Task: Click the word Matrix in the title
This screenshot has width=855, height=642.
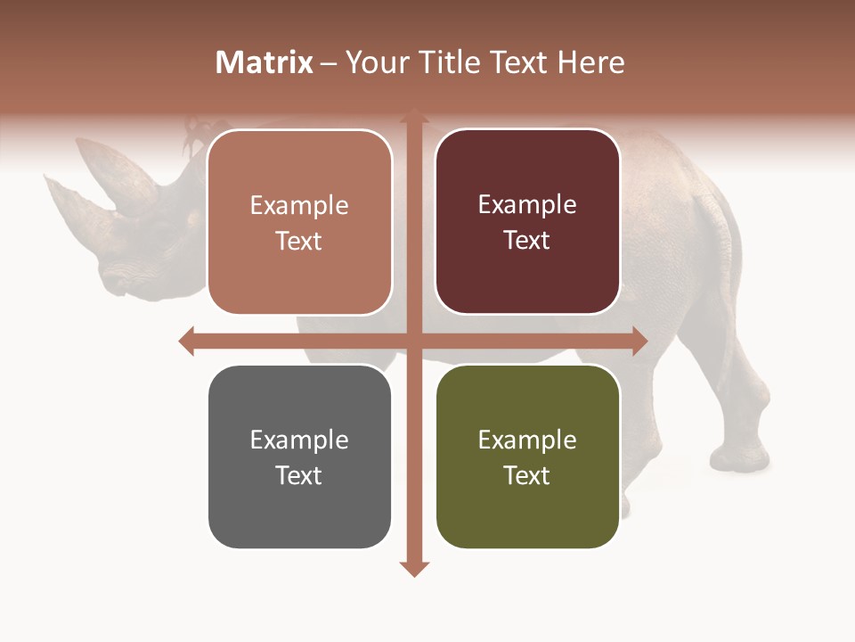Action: [x=265, y=62]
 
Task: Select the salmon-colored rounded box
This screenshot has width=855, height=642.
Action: [x=299, y=222]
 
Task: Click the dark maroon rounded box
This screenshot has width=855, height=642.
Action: [x=527, y=222]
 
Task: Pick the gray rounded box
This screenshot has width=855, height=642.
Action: [x=299, y=457]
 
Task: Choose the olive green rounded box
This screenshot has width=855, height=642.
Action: [x=527, y=457]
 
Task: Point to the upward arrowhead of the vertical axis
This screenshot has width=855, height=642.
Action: [x=413, y=116]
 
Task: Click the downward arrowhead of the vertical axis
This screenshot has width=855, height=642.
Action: [x=413, y=568]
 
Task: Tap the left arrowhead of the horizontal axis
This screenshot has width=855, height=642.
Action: [x=187, y=341]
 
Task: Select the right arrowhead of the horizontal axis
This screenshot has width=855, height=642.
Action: [x=639, y=341]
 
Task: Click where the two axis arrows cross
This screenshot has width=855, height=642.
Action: [x=413, y=341]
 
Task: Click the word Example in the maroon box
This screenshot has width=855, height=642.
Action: [x=527, y=204]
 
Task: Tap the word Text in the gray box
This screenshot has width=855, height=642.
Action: [x=298, y=475]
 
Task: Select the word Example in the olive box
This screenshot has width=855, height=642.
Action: [x=527, y=440]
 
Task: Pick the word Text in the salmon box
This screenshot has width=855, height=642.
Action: [x=298, y=241]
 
